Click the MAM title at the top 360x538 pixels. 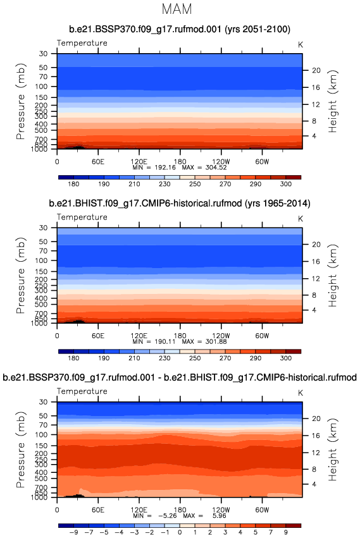pos(177,9)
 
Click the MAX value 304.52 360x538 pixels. pos(216,168)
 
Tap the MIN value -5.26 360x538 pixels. pos(167,515)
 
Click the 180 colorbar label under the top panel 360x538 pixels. pos(73,184)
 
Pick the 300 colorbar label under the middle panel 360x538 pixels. pos(285,358)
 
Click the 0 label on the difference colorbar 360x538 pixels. pos(180,532)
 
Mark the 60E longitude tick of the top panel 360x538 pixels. pos(98,162)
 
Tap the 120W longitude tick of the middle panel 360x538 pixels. pos(221,336)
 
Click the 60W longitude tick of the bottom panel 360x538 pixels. pos(262,510)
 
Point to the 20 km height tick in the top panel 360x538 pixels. pos(316,70)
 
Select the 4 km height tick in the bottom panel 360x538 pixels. pos(314,484)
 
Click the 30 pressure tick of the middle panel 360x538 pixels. pos(43,228)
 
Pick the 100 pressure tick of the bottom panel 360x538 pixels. pos(41,434)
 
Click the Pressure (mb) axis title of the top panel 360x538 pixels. pos(21,101)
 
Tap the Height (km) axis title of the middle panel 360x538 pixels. pos(333,276)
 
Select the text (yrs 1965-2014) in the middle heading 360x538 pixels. pos(278,204)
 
